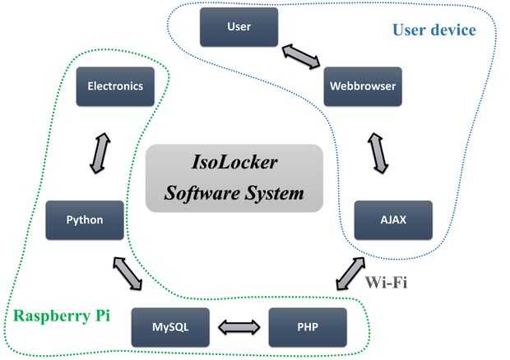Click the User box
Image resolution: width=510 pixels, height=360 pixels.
pos(239,27)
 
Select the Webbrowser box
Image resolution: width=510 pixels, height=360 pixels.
pos(362,85)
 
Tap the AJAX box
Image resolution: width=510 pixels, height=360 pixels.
pos(393,219)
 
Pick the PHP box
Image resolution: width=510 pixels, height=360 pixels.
pos(306,326)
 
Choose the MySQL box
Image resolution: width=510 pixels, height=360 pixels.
pos(171,326)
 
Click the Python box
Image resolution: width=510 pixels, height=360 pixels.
pos(85,219)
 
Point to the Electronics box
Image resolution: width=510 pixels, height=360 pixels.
pos(114,85)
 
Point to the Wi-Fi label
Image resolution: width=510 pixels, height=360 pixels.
pos(387,282)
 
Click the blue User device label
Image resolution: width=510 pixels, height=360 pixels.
pos(433,30)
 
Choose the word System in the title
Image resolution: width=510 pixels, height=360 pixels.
pos(276,195)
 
